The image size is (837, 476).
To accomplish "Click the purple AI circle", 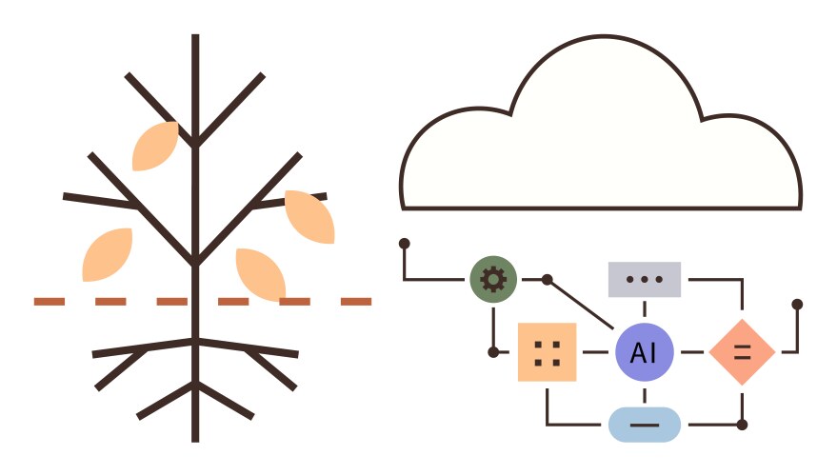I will [x=644, y=352].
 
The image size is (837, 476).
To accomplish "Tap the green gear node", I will [x=493, y=280].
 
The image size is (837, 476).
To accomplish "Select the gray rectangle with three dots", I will [x=645, y=280].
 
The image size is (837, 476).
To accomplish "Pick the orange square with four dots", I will [x=547, y=352].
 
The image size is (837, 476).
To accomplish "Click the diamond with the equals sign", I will [x=742, y=352].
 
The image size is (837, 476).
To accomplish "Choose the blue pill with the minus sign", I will [x=645, y=425].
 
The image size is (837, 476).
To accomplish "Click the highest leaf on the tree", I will [x=155, y=146].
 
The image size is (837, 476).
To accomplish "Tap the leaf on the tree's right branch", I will [x=309, y=216].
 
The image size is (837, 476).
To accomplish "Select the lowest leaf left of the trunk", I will [x=107, y=255].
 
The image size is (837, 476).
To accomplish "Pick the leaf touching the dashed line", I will [x=261, y=273].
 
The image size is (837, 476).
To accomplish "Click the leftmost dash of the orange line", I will [x=50, y=302].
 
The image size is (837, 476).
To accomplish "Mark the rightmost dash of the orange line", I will [x=356, y=302].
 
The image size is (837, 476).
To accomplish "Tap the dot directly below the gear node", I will [x=493, y=352].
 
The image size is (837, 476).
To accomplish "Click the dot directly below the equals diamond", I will [x=742, y=425].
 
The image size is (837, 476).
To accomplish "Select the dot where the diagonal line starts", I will [x=547, y=280].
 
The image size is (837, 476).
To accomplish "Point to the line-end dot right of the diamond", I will [x=797, y=305].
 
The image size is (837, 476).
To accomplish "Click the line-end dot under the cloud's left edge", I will [x=405, y=244].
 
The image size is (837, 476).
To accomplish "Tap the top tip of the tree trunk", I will [x=195, y=38].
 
